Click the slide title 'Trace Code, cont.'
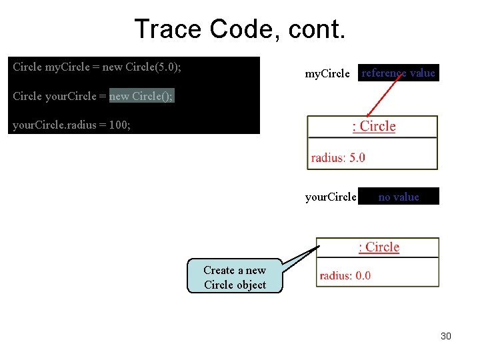point(239,29)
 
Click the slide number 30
point(446,336)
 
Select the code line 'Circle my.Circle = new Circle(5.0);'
point(97,67)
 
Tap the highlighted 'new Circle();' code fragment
point(141,96)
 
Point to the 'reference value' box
point(399,73)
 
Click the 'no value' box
point(399,197)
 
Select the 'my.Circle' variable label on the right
point(327,74)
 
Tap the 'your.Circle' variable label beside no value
point(331,197)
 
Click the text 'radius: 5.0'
point(338,158)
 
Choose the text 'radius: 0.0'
point(345,275)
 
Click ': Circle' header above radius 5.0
point(374,127)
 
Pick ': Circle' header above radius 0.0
point(379,247)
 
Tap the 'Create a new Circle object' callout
point(235,278)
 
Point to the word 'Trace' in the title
point(167,29)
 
